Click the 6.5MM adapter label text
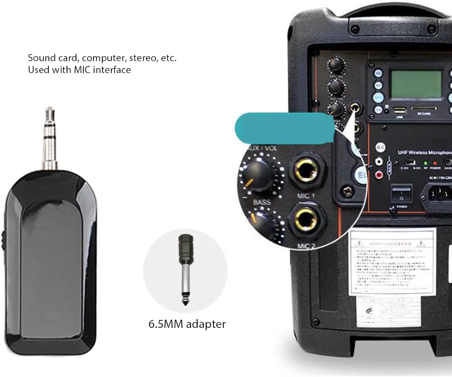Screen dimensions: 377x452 [x=187, y=324]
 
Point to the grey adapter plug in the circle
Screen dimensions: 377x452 [x=185, y=268]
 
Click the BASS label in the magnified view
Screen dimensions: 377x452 [x=262, y=202]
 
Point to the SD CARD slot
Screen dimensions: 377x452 [x=423, y=108]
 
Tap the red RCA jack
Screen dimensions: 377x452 [x=379, y=174]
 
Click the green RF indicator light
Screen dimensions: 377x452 [x=425, y=163]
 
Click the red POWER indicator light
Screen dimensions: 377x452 [x=435, y=163]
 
